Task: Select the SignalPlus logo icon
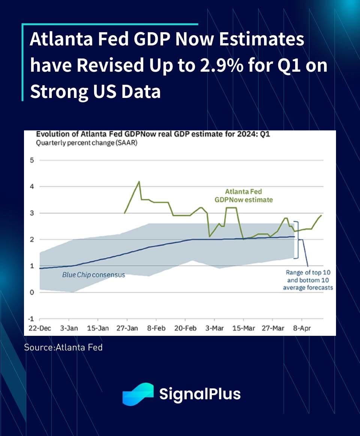138,394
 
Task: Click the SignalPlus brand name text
200,394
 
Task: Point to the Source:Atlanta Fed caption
63,347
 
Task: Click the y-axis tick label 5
32,160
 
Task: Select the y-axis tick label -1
31,319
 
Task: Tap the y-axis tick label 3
32,213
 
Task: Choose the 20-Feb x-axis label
186,328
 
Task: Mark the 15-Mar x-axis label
244,328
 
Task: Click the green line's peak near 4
139,182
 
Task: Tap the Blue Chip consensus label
93,275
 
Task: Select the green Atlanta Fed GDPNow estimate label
244,195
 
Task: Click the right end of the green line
321,215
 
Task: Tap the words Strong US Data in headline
95,91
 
